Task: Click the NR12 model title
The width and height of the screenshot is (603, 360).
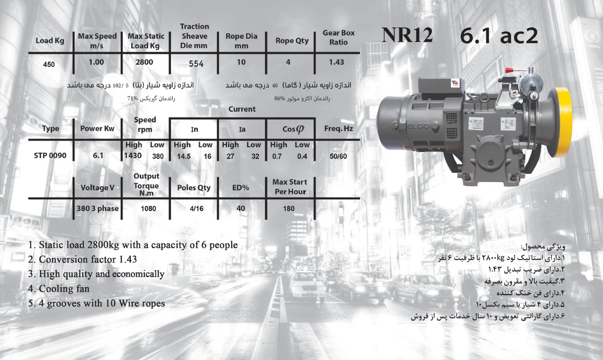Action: pos(407,35)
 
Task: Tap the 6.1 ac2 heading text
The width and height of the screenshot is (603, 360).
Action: pos(499,36)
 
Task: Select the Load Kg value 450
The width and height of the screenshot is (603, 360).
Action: pos(49,64)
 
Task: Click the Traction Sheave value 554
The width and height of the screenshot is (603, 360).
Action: pos(196,64)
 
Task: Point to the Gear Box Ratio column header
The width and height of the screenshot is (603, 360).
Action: pos(338,37)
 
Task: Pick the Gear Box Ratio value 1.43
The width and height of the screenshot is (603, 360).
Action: pos(336,62)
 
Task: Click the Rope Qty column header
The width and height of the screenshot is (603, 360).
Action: pos(292,41)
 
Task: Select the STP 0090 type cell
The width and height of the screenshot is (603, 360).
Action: pos(50,156)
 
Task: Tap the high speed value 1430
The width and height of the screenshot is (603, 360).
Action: pos(133,156)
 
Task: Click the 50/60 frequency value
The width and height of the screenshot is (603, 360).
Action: pos(338,156)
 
